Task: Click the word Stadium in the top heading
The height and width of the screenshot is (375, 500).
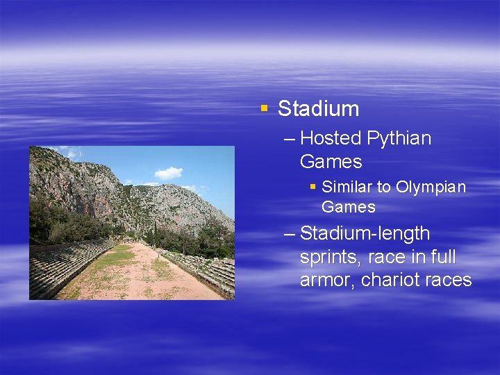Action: click(x=318, y=109)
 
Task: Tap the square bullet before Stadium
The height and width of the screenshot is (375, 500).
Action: click(x=263, y=108)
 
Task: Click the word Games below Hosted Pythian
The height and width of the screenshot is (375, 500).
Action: click(x=331, y=162)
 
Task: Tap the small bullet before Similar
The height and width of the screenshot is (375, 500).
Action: click(x=313, y=186)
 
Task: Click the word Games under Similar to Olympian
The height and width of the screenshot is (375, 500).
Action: click(x=348, y=207)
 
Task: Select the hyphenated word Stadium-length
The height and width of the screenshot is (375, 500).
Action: click(x=365, y=234)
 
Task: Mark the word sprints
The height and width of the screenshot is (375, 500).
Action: click(x=330, y=258)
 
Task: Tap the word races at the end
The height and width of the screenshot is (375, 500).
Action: click(x=449, y=281)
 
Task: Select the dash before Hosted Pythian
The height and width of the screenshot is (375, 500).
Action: click(x=290, y=139)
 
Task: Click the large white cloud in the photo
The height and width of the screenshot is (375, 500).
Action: click(x=169, y=172)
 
